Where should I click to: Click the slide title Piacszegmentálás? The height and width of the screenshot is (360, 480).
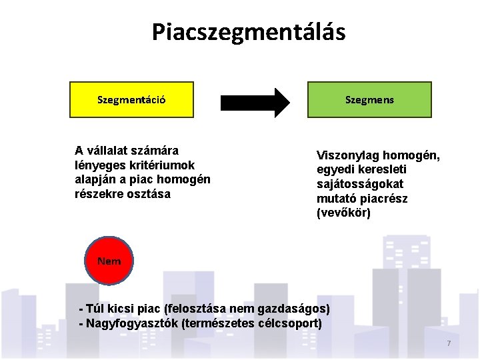[248, 32]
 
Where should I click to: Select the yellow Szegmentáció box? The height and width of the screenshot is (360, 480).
[132, 100]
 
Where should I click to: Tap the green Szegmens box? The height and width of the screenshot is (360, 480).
[369, 100]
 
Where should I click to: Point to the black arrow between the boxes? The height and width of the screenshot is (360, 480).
[255, 102]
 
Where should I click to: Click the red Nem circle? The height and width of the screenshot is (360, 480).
[109, 261]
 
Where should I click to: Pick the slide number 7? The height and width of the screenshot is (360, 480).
[449, 343]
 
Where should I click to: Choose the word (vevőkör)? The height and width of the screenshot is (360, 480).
[343, 213]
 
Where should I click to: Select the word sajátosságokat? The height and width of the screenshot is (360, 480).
[360, 184]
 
